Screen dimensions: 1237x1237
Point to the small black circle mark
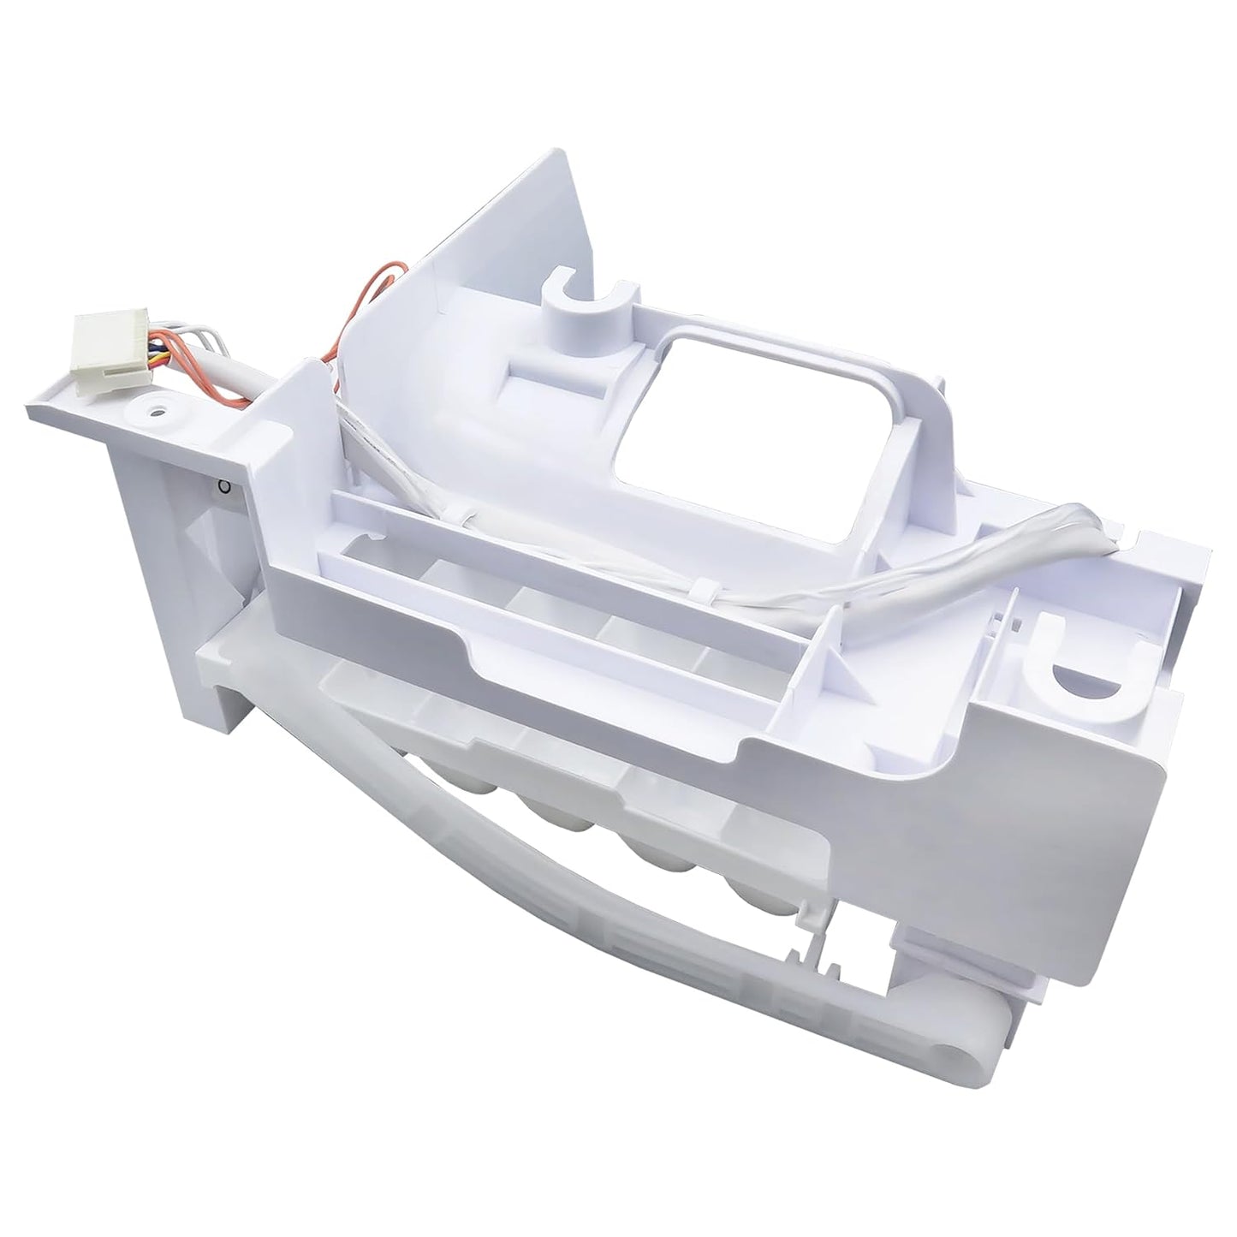(x=223, y=488)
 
